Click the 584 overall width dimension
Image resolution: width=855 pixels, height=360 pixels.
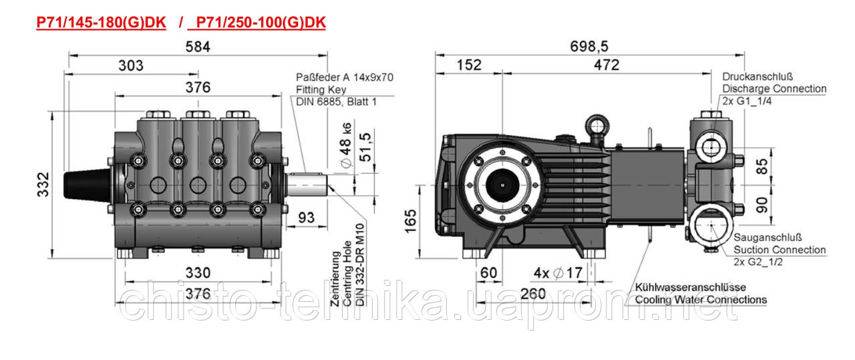[x=198, y=47]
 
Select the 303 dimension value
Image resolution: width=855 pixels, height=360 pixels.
[x=130, y=65]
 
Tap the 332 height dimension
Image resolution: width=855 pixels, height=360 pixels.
[x=43, y=185]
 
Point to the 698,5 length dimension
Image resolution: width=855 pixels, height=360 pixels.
[x=589, y=47]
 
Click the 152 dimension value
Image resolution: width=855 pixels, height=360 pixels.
[x=469, y=65]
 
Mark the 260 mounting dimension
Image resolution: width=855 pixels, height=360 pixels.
[x=533, y=294]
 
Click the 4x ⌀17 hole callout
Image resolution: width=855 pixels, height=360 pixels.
[x=558, y=273]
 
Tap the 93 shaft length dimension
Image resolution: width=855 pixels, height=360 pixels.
[x=307, y=218]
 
